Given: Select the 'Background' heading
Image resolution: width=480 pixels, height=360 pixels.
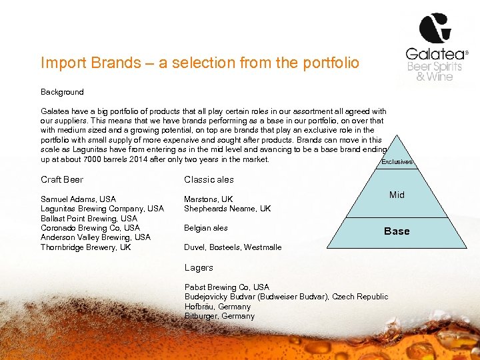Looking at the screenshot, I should coord(62,92).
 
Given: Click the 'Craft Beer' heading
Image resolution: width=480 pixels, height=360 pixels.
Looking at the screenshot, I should coord(62,179).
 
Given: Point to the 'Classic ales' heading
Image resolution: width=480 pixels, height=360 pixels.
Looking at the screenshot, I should coord(209,179).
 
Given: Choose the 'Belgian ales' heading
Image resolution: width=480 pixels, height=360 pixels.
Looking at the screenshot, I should coord(206,228).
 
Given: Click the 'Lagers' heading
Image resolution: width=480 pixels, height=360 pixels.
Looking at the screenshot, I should coord(199,268).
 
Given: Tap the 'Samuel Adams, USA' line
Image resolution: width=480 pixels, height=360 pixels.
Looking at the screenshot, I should coord(78,199).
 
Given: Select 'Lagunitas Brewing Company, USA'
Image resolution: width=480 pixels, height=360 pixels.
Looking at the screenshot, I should coord(102,209).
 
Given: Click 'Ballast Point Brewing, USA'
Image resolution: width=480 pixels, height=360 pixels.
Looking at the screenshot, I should coord(89,218).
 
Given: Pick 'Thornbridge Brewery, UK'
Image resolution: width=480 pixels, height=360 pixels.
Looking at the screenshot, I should coord(86,247).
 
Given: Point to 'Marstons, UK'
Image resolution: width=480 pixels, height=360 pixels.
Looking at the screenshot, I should coord(209,199).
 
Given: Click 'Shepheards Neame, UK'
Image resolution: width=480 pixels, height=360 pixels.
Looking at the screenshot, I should coord(227,209).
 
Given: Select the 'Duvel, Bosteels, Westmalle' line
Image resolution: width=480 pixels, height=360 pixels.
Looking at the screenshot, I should coord(233,247).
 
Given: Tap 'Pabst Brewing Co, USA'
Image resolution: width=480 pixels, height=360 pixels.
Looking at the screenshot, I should coord(227,287).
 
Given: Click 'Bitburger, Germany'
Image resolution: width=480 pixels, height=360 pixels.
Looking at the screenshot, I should coord(219,316).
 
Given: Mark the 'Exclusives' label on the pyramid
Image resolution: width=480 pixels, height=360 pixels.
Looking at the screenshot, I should coord(397,162).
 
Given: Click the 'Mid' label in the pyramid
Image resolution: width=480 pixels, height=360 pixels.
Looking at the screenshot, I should coord(397,195).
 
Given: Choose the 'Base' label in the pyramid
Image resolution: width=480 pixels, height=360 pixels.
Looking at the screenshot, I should coord(397,231).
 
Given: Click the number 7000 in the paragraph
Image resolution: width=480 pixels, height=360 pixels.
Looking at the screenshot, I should coord(91,159).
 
